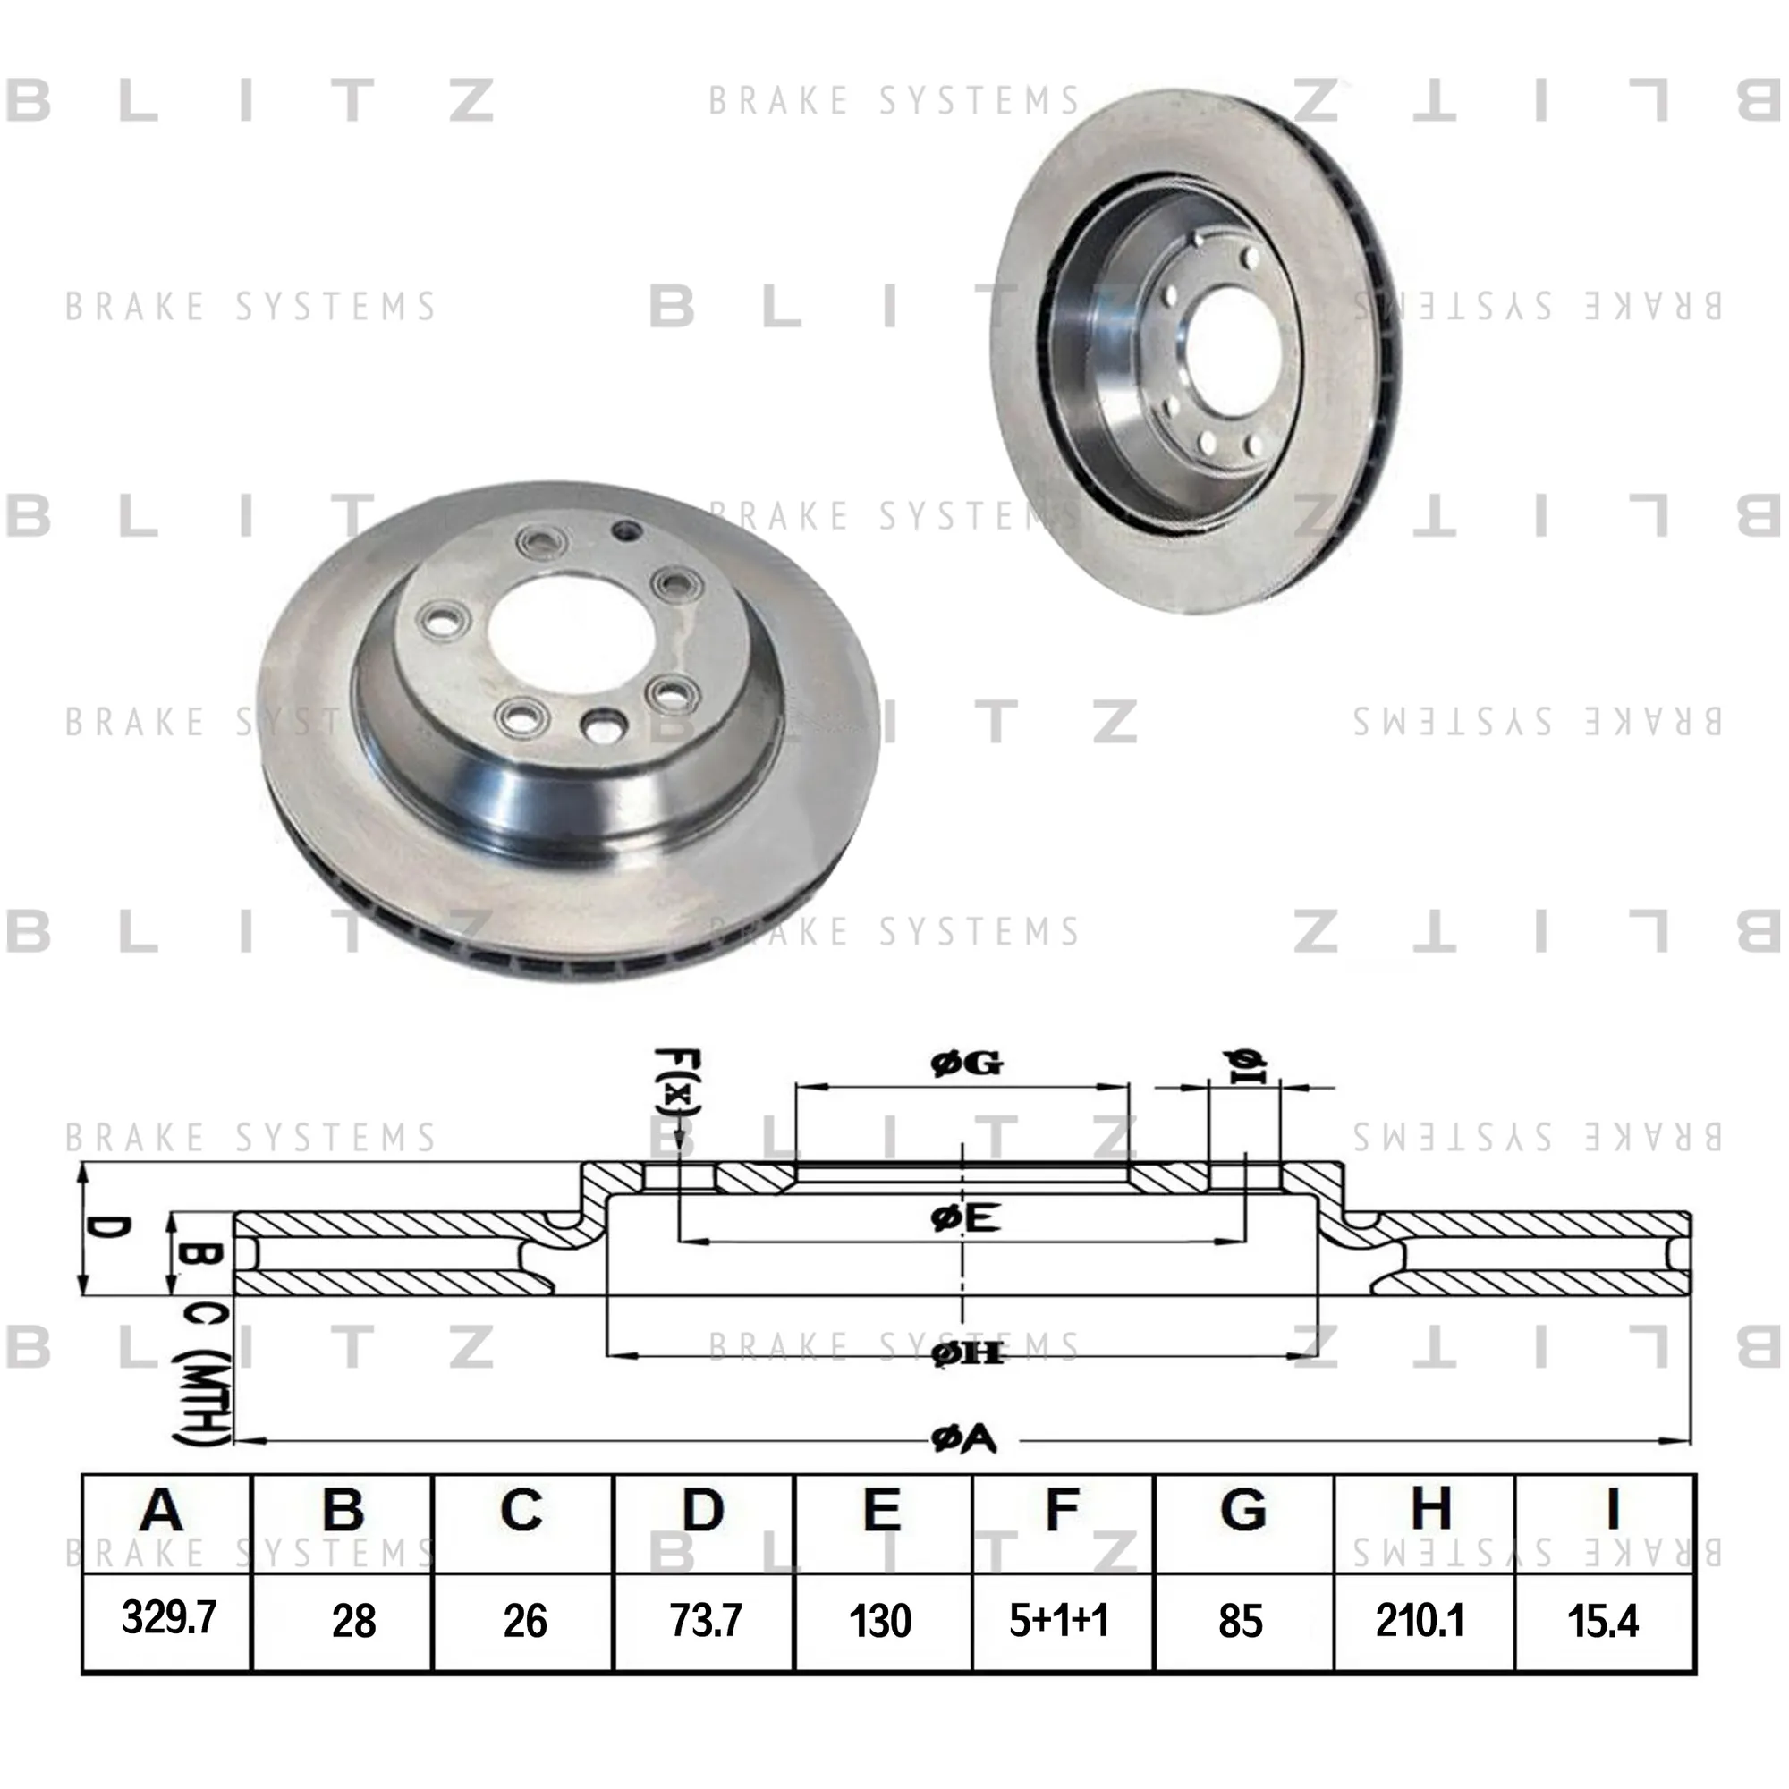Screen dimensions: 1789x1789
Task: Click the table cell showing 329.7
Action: coord(168,1617)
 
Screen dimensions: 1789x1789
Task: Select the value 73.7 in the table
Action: coord(706,1621)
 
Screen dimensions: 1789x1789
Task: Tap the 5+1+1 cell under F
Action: coord(1058,1620)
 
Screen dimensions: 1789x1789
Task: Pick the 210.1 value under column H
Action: coord(1420,1621)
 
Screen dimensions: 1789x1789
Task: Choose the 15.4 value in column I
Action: coord(1603,1621)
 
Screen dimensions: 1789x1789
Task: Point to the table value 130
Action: coord(879,1621)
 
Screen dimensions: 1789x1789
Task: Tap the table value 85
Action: coord(1241,1621)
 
